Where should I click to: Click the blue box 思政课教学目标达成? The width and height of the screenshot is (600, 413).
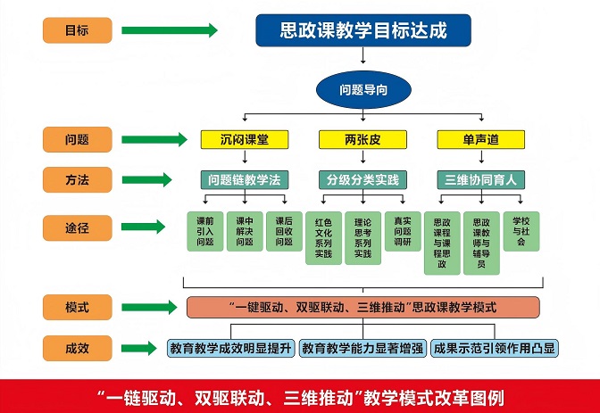point(362,31)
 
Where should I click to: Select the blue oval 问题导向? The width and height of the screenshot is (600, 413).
point(362,89)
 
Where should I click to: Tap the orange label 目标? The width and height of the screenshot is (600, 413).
point(78,31)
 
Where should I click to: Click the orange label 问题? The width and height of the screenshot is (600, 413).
point(78,140)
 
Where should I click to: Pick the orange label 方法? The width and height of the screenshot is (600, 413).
point(78,179)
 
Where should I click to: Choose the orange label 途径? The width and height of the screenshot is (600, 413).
point(78,227)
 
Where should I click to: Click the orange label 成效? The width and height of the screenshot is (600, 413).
point(78,348)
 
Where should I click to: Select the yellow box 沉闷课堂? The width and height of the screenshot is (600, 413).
point(244,140)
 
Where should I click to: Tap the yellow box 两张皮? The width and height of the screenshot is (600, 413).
point(362,140)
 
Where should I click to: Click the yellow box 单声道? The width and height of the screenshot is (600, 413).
point(480,140)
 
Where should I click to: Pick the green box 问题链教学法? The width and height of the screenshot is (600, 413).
point(244,178)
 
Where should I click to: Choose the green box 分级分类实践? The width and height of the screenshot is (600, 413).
point(362,178)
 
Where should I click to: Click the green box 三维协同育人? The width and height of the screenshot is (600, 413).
point(481,178)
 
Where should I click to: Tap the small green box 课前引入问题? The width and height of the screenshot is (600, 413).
point(205,231)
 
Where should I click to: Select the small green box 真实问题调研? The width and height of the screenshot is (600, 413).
point(403,231)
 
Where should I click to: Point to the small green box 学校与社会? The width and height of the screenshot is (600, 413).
point(521,230)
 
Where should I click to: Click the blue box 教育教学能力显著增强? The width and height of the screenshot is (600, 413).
point(362,348)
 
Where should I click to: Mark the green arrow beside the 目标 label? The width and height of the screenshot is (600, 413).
point(169,31)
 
